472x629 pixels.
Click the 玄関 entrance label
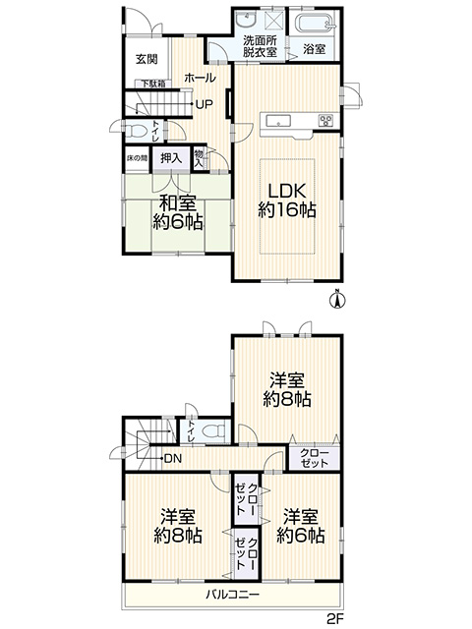pos(147,59)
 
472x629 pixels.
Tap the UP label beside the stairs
pos(204,105)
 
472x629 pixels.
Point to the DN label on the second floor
pos(173,458)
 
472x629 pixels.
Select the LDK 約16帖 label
pos(287,200)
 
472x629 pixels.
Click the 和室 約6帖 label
pos(178,212)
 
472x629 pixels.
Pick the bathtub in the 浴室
pos(315,22)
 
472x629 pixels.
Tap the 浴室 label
pos(314,49)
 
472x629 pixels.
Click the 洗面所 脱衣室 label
pos(260,46)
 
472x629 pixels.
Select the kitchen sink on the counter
pos(278,120)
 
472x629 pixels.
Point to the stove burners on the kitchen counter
pos(325,120)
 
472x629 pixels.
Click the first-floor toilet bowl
pos(136,131)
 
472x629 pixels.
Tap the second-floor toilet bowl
pos(213,432)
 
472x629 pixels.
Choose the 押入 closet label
pos(171,158)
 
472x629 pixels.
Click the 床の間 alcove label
pos(137,158)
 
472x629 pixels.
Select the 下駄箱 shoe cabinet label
pos(152,85)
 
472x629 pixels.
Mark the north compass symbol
pos(337,299)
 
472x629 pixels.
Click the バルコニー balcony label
pos(233,594)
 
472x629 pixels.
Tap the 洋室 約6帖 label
pos(301,526)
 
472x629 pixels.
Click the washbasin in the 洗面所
pos(246,19)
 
